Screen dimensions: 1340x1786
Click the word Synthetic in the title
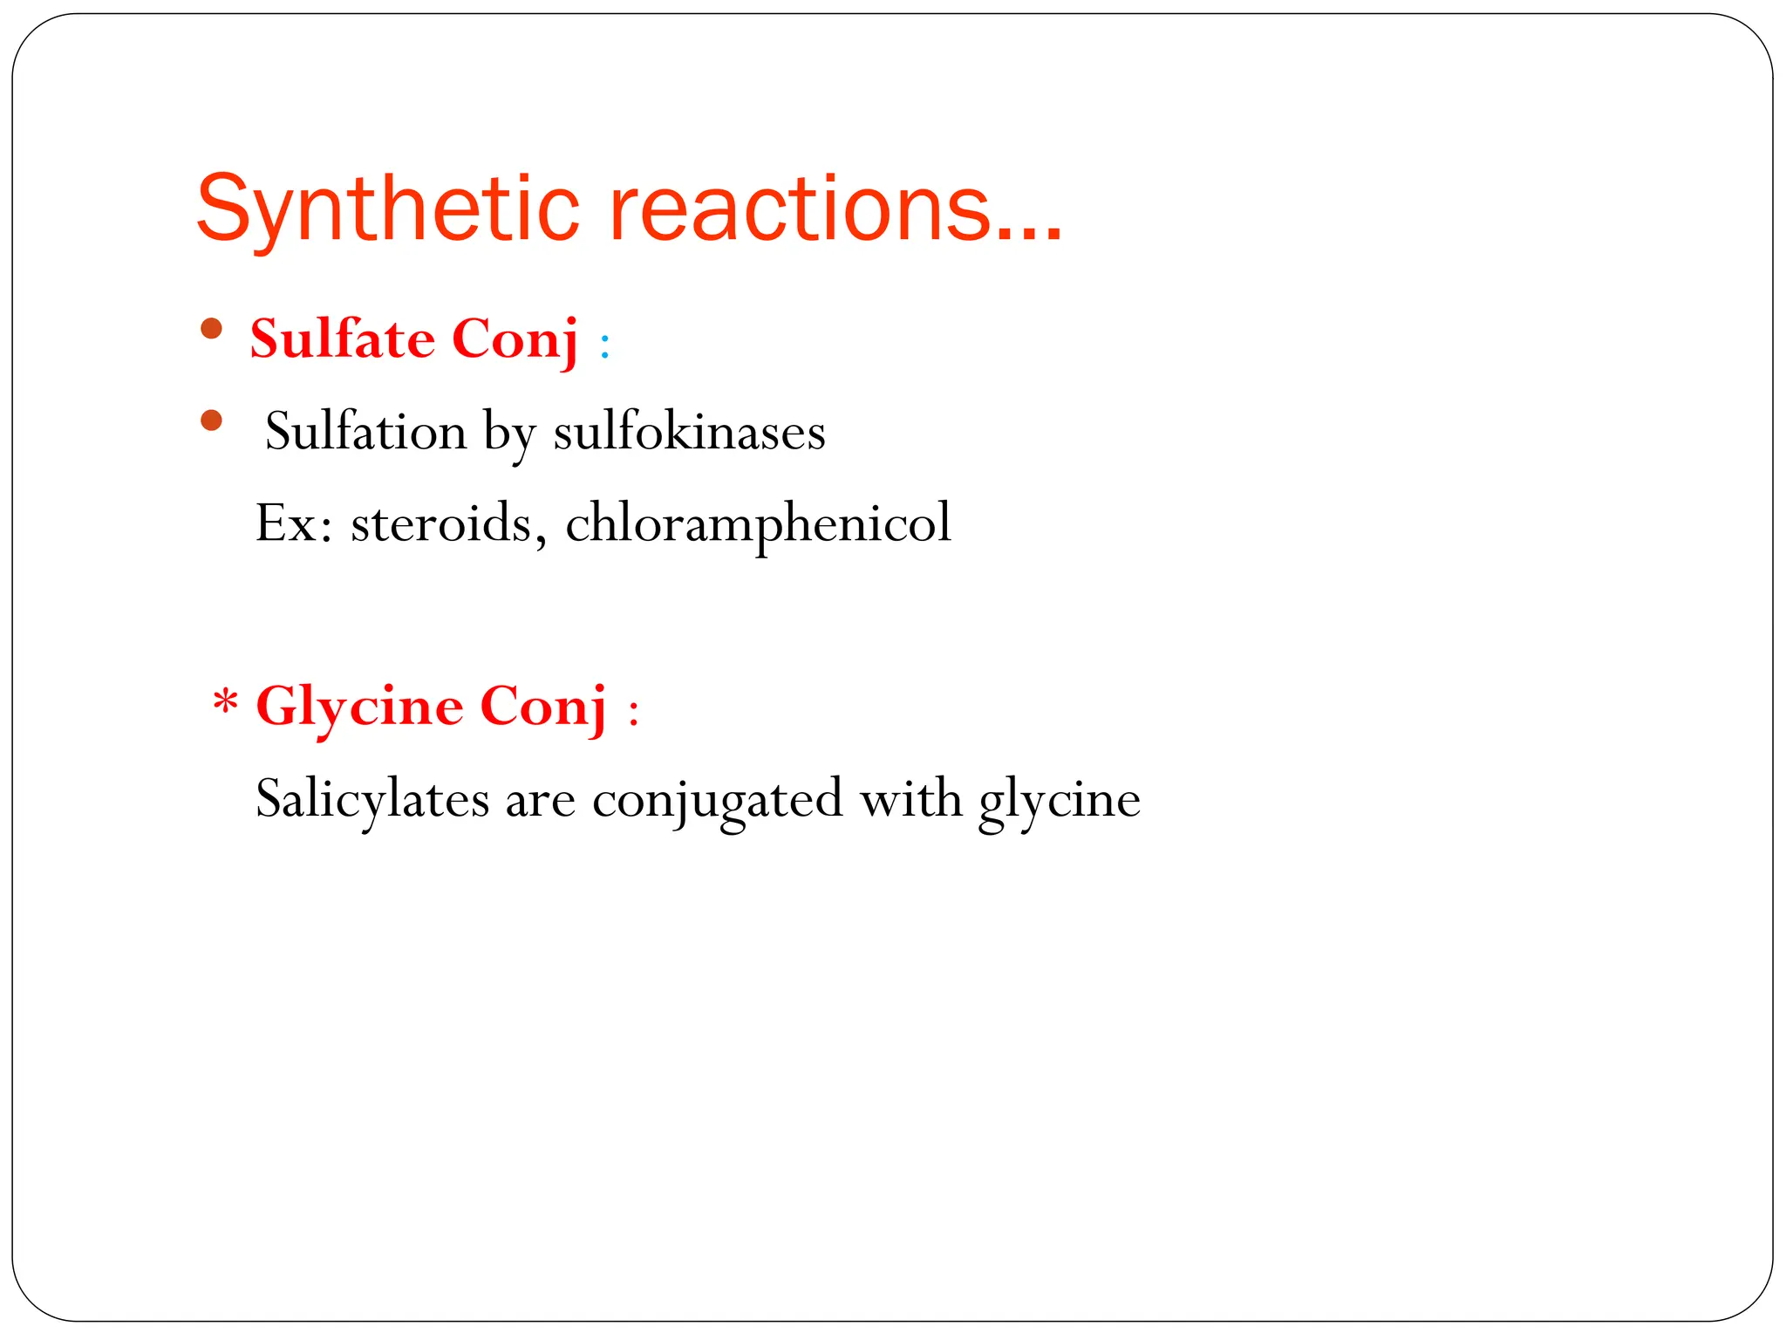[x=388, y=209]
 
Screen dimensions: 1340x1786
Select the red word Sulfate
[x=343, y=338]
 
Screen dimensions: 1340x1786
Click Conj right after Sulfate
[x=515, y=338]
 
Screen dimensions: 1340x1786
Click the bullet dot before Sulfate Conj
[x=211, y=329]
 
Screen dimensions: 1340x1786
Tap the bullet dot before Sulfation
[x=211, y=421]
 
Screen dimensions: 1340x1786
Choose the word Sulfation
[x=366, y=431]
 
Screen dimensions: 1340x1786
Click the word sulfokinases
[x=689, y=431]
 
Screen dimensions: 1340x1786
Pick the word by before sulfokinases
[x=510, y=433]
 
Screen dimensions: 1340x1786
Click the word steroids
[x=441, y=523]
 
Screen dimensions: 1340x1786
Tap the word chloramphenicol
[x=758, y=523]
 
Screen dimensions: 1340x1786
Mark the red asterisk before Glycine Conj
[x=226, y=701]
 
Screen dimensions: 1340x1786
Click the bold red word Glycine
[x=359, y=707]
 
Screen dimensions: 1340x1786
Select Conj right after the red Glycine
[x=542, y=707]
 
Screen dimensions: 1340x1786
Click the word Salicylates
[x=372, y=799]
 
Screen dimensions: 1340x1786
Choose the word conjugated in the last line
[x=717, y=799]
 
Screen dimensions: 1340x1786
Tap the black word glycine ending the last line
[x=1059, y=799]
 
